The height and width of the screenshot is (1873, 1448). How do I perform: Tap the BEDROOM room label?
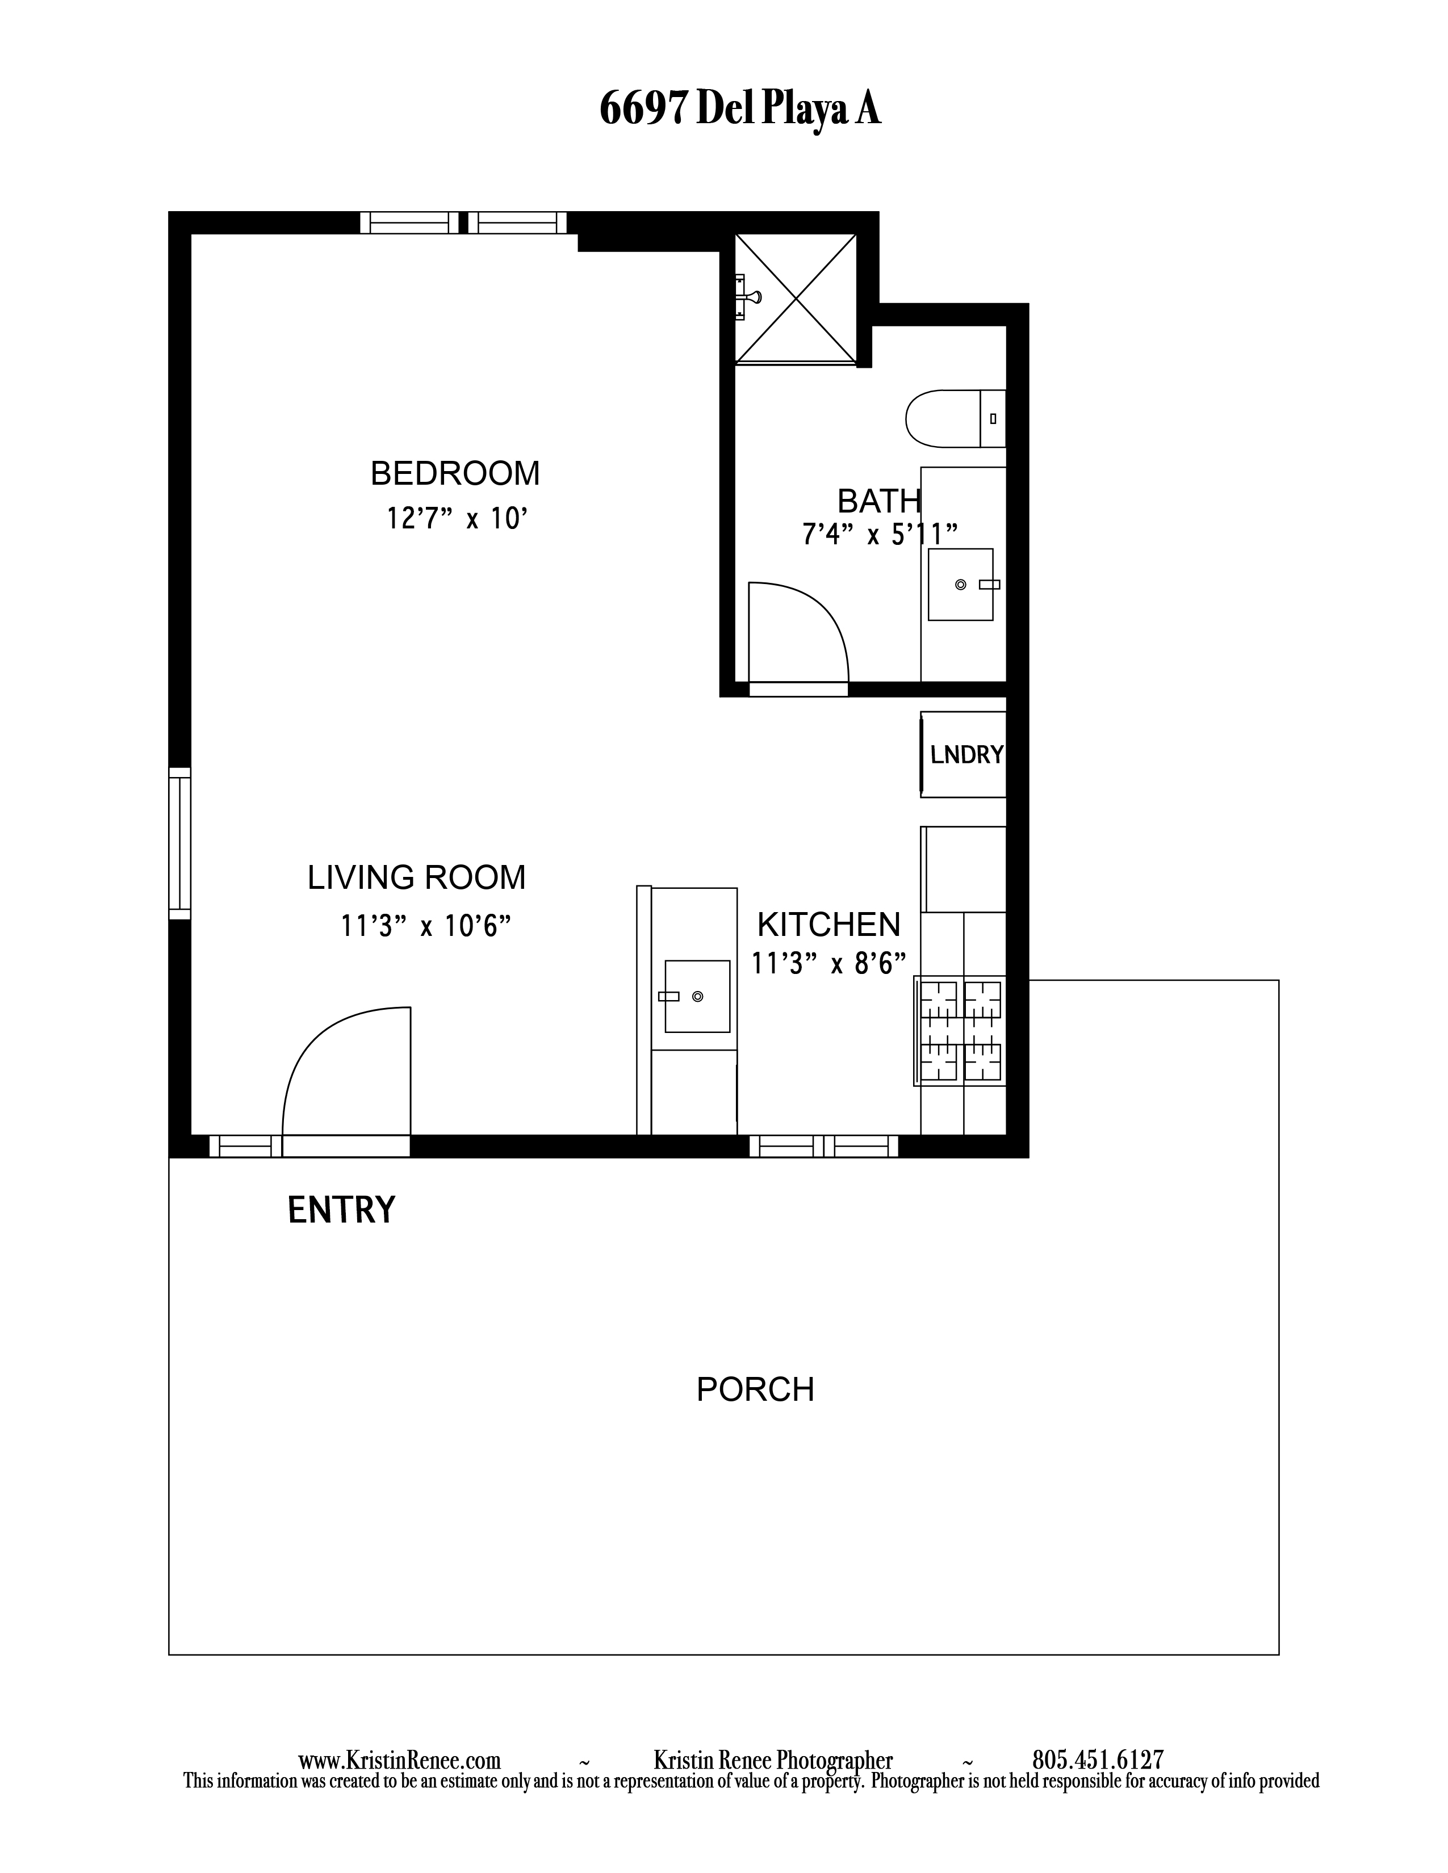coord(455,473)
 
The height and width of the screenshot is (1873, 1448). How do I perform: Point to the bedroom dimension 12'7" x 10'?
coord(455,519)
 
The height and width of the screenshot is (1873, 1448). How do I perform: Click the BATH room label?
coord(878,501)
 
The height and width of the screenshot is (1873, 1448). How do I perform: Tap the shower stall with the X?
coord(796,299)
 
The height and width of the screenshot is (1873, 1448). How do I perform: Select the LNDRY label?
coord(967,755)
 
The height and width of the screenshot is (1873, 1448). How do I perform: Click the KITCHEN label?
coord(828,925)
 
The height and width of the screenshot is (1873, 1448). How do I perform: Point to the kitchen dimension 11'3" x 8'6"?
coord(828,964)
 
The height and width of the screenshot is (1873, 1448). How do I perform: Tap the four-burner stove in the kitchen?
coord(960,1031)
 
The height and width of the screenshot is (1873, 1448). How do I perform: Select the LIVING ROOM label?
coord(417,878)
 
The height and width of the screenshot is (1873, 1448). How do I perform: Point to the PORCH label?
coord(755,1390)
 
